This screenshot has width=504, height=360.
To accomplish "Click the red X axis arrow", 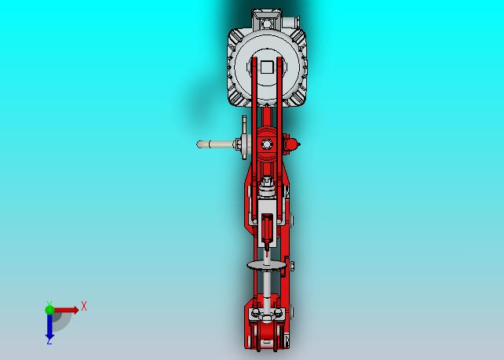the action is point(66,311).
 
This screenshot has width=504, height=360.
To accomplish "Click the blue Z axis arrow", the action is point(49,326).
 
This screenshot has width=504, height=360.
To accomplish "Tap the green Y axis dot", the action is point(49,310).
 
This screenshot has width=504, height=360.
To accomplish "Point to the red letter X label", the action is point(84,306).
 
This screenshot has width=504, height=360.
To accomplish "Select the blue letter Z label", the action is point(49,342).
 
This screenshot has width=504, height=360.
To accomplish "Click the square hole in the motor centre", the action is point(267,67).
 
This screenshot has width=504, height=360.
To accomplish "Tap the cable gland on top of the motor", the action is point(291,23).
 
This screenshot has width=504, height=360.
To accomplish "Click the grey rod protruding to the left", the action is point(216,144).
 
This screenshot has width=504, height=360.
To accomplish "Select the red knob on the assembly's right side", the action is point(291,144).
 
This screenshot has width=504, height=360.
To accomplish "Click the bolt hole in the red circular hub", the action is point(266,144).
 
